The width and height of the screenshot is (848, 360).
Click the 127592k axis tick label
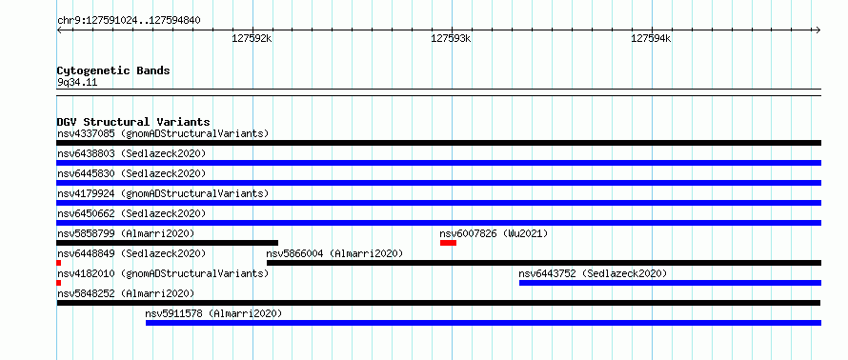252,39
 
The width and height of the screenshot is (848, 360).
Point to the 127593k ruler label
451,39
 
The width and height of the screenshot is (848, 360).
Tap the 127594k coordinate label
651,39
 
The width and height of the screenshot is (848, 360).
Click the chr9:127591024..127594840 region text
129,21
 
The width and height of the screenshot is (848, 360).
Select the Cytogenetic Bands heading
113,70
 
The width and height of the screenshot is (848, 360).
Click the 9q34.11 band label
77,83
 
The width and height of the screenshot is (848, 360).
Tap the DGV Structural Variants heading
133,122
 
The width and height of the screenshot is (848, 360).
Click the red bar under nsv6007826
449,243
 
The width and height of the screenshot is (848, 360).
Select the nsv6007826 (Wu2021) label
494,233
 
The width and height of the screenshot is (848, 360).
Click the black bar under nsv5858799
167,243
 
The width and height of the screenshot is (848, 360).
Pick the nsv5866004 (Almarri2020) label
334,253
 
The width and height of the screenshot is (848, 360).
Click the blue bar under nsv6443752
670,283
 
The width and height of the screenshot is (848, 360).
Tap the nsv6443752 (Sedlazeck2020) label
593,273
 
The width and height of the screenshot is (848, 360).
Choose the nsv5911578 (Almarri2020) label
213,313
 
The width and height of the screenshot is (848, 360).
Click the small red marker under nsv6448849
58,263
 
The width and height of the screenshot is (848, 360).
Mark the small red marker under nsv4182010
58,283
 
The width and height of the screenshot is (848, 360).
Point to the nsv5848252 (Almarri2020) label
126,293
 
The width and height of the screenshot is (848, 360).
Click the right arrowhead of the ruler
818,30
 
